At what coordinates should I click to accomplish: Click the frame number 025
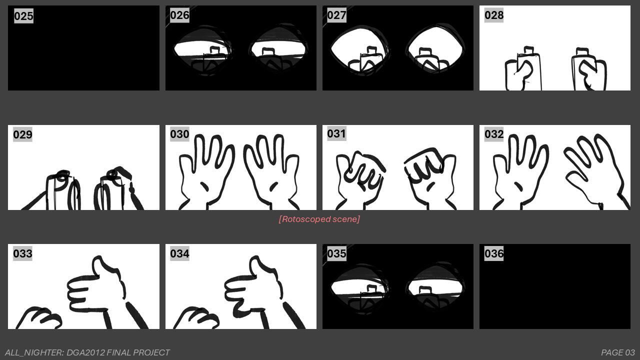click(23, 16)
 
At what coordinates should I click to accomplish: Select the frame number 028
click(494, 15)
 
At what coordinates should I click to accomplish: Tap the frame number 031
click(336, 133)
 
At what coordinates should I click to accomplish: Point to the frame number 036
click(494, 253)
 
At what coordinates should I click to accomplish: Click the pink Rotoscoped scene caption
click(319, 219)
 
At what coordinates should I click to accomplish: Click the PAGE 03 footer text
click(617, 352)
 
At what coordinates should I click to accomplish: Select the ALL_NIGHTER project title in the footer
click(87, 352)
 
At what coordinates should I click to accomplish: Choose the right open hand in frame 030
click(271, 170)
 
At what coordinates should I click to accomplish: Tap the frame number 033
click(23, 253)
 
